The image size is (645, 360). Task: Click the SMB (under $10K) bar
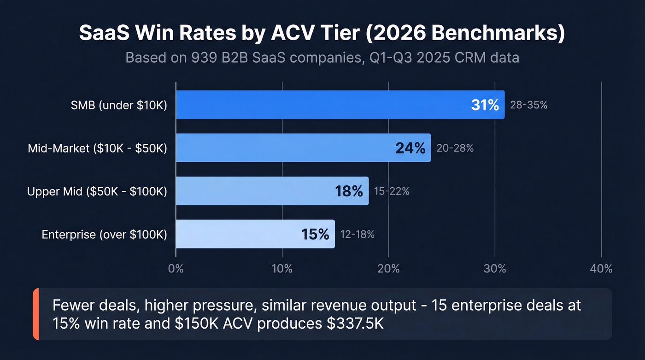(x=322, y=105)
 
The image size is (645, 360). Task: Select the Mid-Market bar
(x=286, y=148)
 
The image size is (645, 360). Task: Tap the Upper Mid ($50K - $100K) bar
(x=253, y=191)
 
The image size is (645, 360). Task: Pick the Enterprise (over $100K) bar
(x=240, y=234)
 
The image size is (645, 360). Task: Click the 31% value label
(x=485, y=105)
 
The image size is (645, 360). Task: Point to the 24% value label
(x=410, y=148)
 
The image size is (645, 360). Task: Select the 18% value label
(x=349, y=191)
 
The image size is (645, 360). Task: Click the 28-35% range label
(x=528, y=105)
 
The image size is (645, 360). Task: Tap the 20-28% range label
(x=455, y=148)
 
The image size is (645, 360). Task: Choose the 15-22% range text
(x=392, y=191)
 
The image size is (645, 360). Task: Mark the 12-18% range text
(x=357, y=234)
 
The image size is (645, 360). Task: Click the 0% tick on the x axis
(x=176, y=269)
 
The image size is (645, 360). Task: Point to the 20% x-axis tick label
(x=388, y=269)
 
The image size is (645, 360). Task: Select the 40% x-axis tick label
(x=601, y=269)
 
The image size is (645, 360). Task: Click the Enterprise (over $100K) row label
(x=104, y=234)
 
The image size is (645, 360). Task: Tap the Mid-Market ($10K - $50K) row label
(x=97, y=148)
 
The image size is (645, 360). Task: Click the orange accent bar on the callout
(x=36, y=314)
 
